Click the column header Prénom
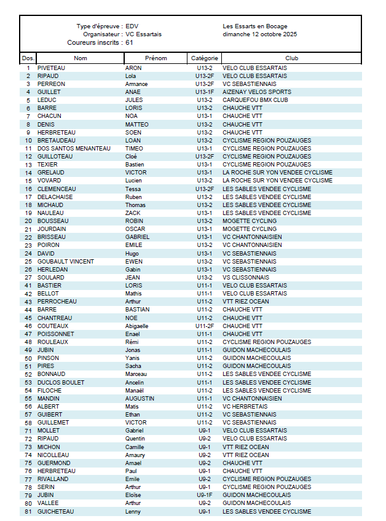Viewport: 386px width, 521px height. [x=156, y=58]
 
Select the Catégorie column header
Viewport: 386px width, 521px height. [x=204, y=58]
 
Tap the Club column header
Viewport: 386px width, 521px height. [x=291, y=58]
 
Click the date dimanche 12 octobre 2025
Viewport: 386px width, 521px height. [x=259, y=34]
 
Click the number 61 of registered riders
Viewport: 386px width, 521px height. [x=129, y=43]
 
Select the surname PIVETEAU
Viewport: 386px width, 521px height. [x=52, y=68]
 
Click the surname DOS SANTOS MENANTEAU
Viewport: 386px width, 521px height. [x=74, y=148]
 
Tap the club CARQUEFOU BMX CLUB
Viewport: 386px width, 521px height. [x=255, y=100]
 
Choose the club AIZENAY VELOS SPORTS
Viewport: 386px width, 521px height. [x=257, y=92]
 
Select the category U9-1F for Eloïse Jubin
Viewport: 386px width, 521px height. [x=205, y=495]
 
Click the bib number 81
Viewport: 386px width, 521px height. [x=28, y=511]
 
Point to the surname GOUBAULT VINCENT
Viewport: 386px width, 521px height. [x=65, y=261]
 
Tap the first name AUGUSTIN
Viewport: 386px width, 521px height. [x=140, y=398]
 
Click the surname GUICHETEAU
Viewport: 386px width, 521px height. [x=55, y=511]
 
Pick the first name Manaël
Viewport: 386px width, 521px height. [x=135, y=390]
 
